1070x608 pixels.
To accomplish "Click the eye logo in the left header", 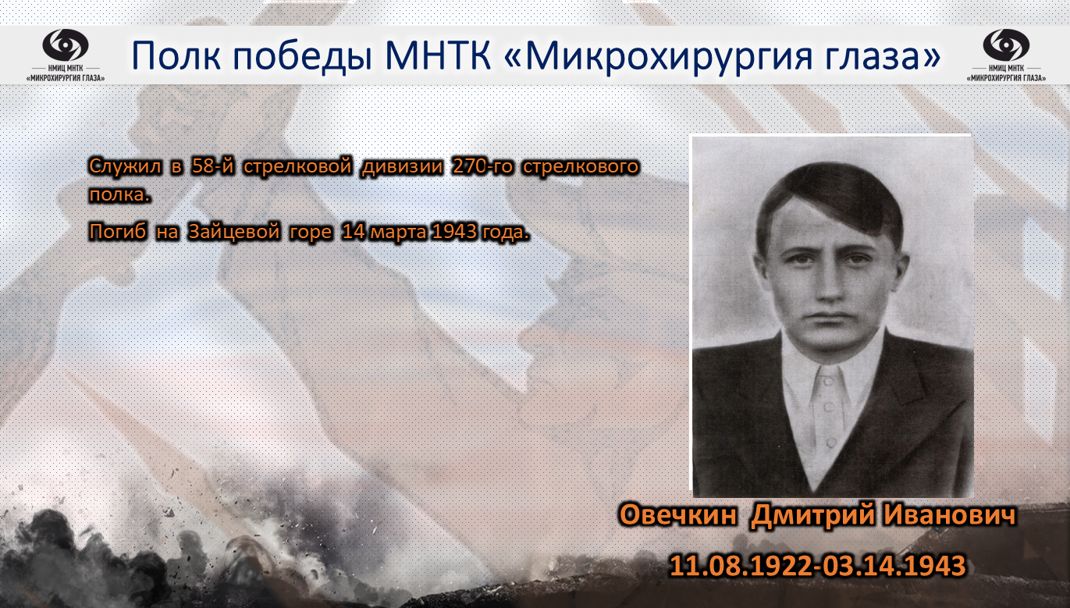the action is tap(66, 45).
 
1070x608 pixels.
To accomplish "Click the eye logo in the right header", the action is tap(1006, 45).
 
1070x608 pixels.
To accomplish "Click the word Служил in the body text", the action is tap(125, 167).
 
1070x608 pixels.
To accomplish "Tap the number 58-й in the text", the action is tap(212, 166).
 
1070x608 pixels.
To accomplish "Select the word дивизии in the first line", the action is tap(402, 167).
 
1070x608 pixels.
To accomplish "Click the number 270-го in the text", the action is tap(483, 166).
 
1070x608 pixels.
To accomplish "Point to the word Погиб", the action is tap(118, 232).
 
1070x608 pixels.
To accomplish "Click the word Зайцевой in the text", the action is tap(234, 233).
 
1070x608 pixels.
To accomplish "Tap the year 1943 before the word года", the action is tap(453, 232).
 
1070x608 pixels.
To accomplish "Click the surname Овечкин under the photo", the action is tap(678, 515).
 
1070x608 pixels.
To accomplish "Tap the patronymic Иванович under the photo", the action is tap(949, 515).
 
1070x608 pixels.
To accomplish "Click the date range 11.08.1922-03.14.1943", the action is tap(817, 566).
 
